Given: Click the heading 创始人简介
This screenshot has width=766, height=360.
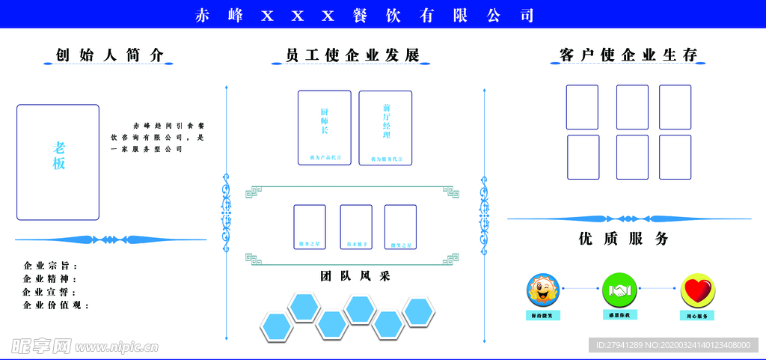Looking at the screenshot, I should click(109, 55).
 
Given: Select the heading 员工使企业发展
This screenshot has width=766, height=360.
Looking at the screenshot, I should click(352, 55).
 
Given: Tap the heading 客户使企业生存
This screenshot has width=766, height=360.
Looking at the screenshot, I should click(628, 55).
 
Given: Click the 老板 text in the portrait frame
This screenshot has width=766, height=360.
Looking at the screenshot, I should click(59, 156).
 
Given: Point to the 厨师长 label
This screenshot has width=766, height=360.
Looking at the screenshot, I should click(325, 120).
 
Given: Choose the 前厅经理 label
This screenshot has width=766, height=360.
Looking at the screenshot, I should click(386, 120).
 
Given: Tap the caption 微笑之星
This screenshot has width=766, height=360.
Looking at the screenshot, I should click(401, 245).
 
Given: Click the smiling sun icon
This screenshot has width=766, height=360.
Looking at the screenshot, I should click(543, 290).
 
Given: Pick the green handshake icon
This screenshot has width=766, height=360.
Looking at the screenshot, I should click(619, 290).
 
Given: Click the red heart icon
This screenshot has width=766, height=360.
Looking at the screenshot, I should click(697, 290).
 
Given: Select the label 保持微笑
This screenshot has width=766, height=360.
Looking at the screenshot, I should click(543, 315).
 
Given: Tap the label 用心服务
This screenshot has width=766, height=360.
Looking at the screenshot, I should click(697, 316).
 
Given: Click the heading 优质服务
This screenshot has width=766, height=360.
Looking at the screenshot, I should click(623, 239).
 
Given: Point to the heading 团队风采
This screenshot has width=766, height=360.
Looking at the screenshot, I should click(355, 276).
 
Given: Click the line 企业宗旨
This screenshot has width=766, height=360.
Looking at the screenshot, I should click(51, 266).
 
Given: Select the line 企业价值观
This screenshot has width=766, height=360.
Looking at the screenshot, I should click(56, 305).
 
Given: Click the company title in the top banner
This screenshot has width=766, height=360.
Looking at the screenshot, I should click(364, 15).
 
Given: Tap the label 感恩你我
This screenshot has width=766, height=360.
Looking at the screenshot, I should click(619, 315).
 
